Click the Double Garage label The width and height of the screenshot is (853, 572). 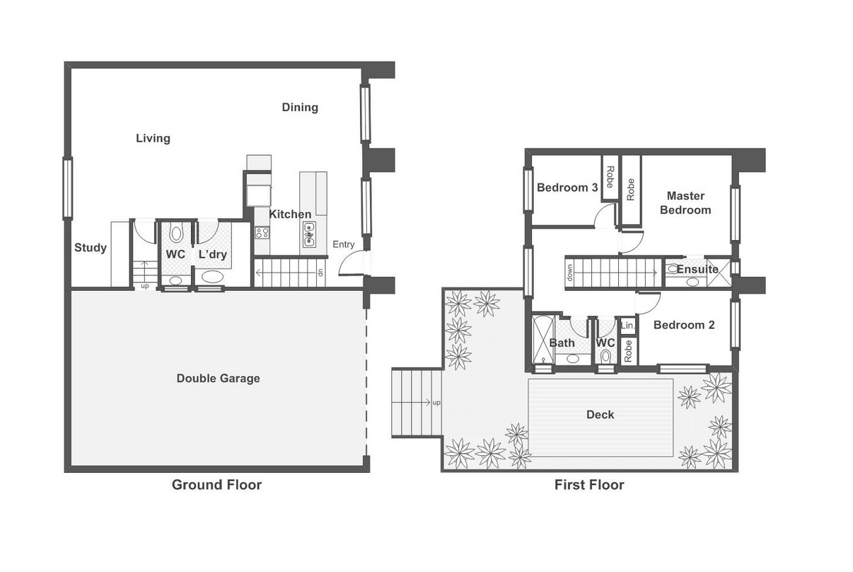(218, 379)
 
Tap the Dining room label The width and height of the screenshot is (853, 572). (300, 108)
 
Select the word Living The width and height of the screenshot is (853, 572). (153, 138)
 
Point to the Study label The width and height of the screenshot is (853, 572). (91, 248)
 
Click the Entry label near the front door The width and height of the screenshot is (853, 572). (344, 244)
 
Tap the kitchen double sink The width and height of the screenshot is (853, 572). (309, 234)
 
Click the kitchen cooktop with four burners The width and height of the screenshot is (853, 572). (262, 232)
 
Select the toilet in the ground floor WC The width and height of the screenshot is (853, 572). (176, 232)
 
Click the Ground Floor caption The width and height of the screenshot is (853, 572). (216, 485)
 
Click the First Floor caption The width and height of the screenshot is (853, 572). (589, 485)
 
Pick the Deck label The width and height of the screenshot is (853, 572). (600, 415)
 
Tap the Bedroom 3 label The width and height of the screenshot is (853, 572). (567, 188)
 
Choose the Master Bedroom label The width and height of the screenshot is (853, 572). (685, 202)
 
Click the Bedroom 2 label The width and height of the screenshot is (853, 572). (684, 325)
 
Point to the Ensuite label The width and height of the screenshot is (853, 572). (697, 270)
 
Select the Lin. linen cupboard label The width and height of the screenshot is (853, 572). (627, 326)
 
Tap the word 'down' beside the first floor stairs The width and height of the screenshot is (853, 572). (569, 273)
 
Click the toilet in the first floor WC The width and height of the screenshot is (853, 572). (605, 357)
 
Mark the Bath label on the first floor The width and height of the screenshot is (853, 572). (562, 343)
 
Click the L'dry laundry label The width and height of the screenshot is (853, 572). (213, 254)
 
